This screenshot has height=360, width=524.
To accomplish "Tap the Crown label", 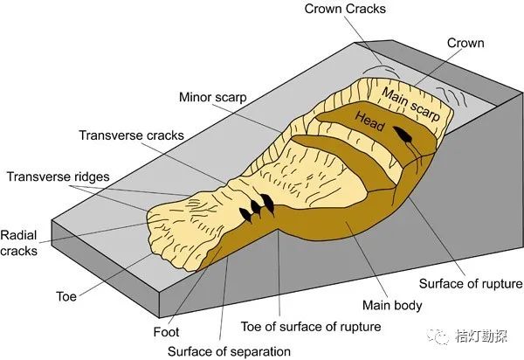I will point(465,43).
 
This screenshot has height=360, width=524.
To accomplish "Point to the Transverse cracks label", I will point(132,136).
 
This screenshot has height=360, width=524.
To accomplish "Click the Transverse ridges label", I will point(59,177).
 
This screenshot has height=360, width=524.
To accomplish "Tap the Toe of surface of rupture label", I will point(311,327).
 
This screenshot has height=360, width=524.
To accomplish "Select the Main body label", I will point(392,306).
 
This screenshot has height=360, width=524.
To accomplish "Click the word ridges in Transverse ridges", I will point(90,177).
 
